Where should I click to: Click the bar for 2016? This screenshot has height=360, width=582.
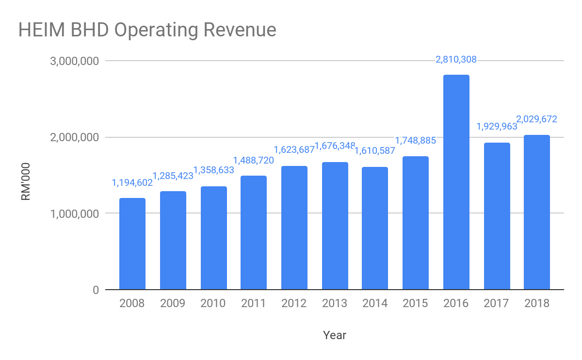click(456, 182)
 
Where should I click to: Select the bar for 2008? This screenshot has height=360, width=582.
click(132, 244)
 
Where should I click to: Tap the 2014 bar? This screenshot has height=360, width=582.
click(375, 228)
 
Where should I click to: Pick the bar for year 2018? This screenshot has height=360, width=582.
click(537, 212)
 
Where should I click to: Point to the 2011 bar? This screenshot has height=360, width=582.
click(254, 232)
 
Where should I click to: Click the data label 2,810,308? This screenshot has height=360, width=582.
click(456, 60)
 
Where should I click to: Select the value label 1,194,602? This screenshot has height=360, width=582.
click(132, 183)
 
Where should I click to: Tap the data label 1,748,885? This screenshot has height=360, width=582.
click(416, 141)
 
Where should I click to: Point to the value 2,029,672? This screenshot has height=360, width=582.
click(537, 119)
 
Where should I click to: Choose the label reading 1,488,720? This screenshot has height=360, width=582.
click(254, 160)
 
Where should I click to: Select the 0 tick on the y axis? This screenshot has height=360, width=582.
click(95, 290)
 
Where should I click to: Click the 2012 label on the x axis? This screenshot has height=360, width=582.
click(294, 304)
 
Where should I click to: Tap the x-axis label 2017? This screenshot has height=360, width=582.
click(496, 304)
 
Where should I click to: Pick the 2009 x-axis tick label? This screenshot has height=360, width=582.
click(173, 304)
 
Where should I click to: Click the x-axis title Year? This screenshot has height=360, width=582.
click(335, 335)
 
